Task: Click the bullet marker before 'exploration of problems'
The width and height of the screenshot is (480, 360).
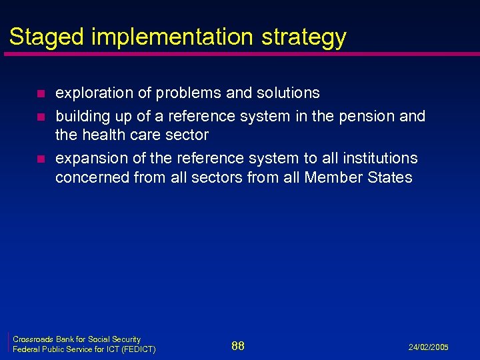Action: click(41, 93)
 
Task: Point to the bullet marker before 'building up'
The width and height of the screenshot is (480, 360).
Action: click(41, 117)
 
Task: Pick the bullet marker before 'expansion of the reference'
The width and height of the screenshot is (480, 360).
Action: click(41, 159)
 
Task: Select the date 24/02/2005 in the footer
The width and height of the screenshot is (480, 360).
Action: click(428, 347)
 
